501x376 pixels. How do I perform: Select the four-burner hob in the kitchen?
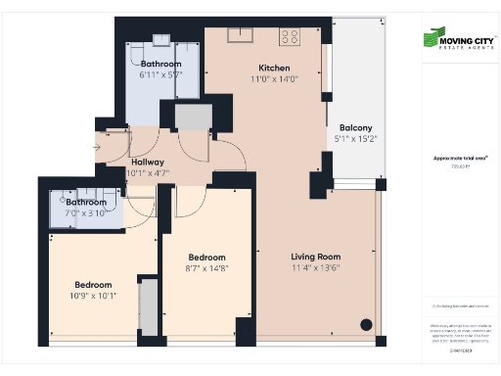coord(290,37)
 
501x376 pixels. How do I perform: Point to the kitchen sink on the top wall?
coord(241,35)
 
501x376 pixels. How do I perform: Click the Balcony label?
coord(355,128)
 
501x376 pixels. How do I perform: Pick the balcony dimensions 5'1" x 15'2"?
coord(355,139)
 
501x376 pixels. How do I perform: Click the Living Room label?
coord(315,257)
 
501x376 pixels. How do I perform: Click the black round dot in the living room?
coord(366,324)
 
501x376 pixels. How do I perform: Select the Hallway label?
coord(148,163)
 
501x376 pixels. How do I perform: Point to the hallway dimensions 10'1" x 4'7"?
coord(148,173)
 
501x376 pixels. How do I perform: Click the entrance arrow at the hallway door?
coord(95,149)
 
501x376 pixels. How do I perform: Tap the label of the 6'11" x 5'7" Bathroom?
coord(160,64)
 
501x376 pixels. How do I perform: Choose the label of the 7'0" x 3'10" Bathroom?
coord(85,202)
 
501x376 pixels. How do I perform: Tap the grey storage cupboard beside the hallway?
coord(191,116)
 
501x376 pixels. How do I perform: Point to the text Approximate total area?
coord(453,157)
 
